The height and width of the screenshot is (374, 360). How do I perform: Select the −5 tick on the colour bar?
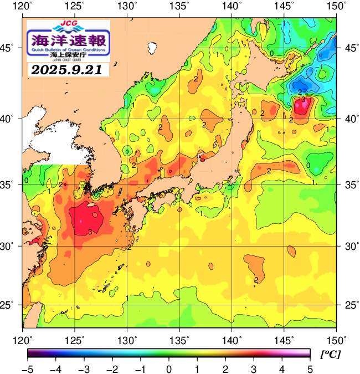pos(27,368)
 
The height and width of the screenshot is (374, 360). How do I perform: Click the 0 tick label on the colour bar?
pos(168,368)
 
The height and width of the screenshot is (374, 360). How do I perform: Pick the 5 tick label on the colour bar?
pos(310,368)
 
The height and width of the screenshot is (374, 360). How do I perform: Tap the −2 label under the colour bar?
pos(112,368)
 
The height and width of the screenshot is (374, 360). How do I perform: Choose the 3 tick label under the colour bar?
pos(253,368)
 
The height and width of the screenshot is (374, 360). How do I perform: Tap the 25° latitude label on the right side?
pos(350,305)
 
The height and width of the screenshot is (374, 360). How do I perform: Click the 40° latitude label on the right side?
pos(350,119)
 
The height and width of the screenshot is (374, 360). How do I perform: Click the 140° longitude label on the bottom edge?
pos(232,339)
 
